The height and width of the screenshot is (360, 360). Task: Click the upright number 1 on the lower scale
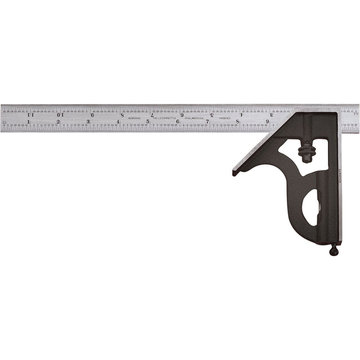click(29, 121)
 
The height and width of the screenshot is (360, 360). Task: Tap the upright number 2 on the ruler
click(58, 121)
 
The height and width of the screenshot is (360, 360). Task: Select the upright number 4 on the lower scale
click(118, 121)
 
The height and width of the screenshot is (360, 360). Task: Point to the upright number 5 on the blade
click(148, 121)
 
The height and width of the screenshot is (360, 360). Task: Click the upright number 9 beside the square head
click(267, 121)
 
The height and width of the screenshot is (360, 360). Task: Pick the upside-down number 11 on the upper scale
click(30, 114)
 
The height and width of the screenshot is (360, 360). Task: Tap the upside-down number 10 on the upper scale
click(60, 114)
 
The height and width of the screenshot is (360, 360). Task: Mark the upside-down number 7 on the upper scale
click(152, 114)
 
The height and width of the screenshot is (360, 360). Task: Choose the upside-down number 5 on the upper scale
click(212, 114)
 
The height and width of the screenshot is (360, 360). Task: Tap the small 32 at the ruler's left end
click(4, 120)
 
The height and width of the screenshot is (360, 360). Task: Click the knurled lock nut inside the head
click(307, 151)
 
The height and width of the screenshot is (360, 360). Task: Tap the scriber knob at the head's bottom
click(334, 251)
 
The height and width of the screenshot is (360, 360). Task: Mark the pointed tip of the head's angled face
click(234, 173)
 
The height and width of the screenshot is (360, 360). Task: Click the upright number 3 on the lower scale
click(88, 121)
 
